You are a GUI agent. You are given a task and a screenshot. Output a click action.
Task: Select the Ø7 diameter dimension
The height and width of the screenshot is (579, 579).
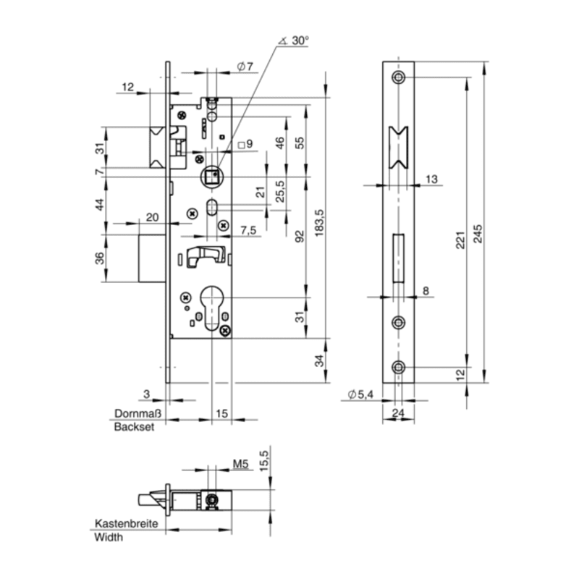pyautogui.click(x=245, y=67)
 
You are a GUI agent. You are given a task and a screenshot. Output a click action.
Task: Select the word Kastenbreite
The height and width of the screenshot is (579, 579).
pyautogui.click(x=124, y=523)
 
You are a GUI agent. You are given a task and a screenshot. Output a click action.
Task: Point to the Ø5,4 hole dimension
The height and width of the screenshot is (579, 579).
pyautogui.click(x=360, y=394)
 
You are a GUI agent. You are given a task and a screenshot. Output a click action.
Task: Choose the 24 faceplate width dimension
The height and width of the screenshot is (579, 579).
pyautogui.click(x=397, y=415)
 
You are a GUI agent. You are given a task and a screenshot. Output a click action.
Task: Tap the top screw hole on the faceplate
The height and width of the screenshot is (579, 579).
pyautogui.click(x=397, y=77)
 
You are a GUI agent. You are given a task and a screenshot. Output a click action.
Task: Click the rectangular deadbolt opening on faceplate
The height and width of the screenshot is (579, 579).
pyautogui.click(x=397, y=258)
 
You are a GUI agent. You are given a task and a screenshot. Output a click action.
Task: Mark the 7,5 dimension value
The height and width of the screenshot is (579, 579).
pyautogui.click(x=248, y=230)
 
